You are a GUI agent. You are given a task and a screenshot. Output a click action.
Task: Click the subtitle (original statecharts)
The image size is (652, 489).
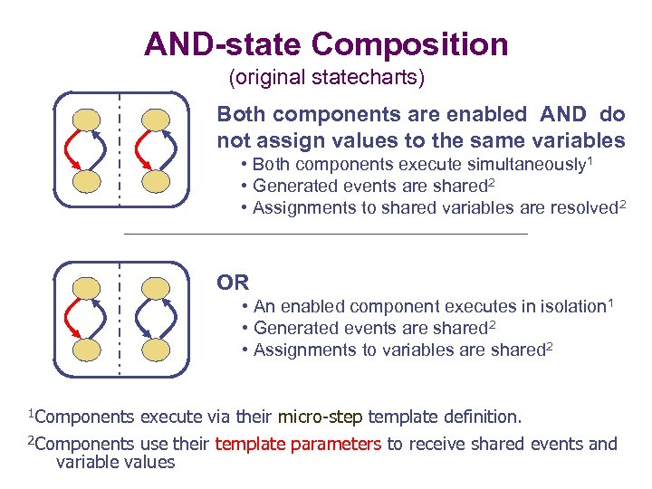click(x=326, y=78)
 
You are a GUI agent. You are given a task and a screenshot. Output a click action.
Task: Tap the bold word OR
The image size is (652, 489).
click(x=233, y=283)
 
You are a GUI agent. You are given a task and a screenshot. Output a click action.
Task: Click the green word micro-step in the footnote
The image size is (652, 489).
click(x=320, y=417)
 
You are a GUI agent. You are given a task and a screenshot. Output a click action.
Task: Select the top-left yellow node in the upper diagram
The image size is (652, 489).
click(x=87, y=120)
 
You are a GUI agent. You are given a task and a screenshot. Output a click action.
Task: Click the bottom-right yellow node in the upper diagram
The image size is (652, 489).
click(x=156, y=182)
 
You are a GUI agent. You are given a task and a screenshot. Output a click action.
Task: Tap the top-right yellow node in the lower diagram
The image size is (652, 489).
click(x=156, y=287)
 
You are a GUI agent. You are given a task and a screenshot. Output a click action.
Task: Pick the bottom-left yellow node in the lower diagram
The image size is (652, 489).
click(x=87, y=350)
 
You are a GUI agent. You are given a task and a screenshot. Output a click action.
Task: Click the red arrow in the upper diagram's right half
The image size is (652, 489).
click(x=138, y=151)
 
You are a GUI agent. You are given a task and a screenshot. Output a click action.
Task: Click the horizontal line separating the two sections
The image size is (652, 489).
click(x=324, y=235)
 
